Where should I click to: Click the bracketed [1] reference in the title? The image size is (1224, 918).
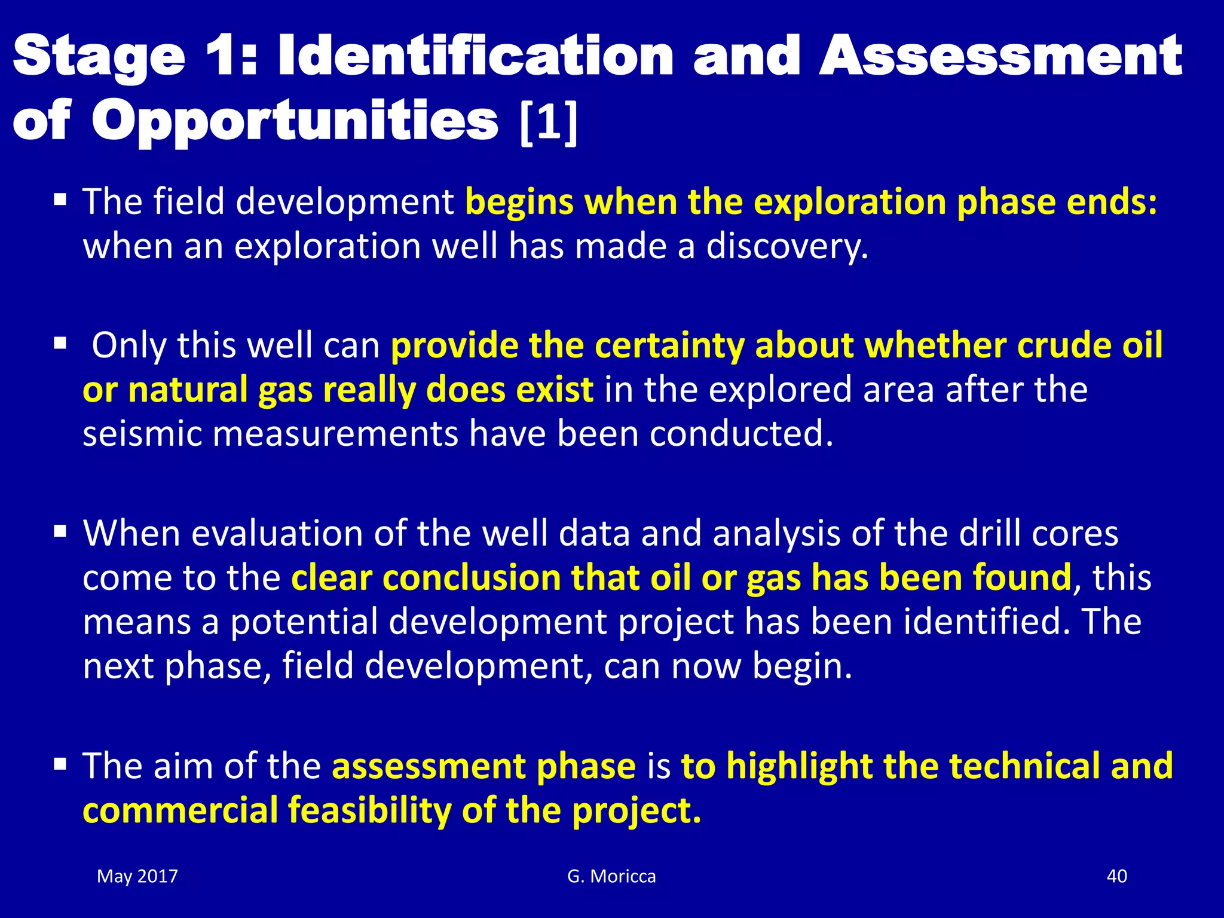(x=549, y=123)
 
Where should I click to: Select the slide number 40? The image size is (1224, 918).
(x=1116, y=876)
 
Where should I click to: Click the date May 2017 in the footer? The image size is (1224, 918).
(x=137, y=876)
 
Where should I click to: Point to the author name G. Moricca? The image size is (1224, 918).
(x=611, y=876)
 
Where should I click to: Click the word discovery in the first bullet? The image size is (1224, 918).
(x=787, y=246)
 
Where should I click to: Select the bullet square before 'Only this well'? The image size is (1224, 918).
(x=60, y=344)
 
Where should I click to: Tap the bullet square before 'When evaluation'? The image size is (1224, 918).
(x=60, y=531)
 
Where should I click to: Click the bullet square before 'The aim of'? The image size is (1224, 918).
(x=60, y=764)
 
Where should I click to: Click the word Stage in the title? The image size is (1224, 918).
(x=99, y=57)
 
